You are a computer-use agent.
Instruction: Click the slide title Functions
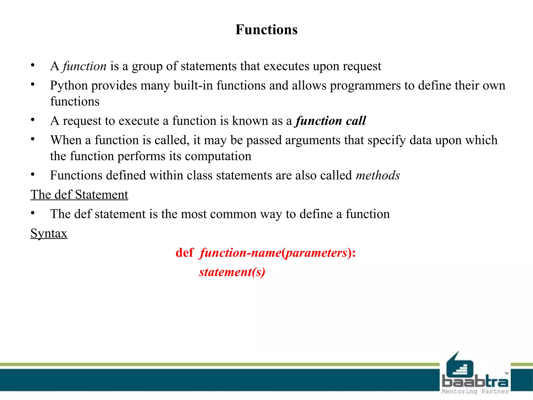266,29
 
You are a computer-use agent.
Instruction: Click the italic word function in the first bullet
85,66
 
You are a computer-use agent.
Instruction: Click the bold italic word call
356,121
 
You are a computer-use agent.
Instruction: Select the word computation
218,156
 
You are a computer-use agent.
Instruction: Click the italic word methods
378,175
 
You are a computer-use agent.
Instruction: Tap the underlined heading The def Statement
79,195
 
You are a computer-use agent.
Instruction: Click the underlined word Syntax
49,233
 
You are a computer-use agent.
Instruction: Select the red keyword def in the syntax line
185,253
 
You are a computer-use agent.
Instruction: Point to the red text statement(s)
232,272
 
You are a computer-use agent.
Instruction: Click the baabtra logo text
475,382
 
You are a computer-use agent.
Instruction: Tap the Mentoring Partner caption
475,391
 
